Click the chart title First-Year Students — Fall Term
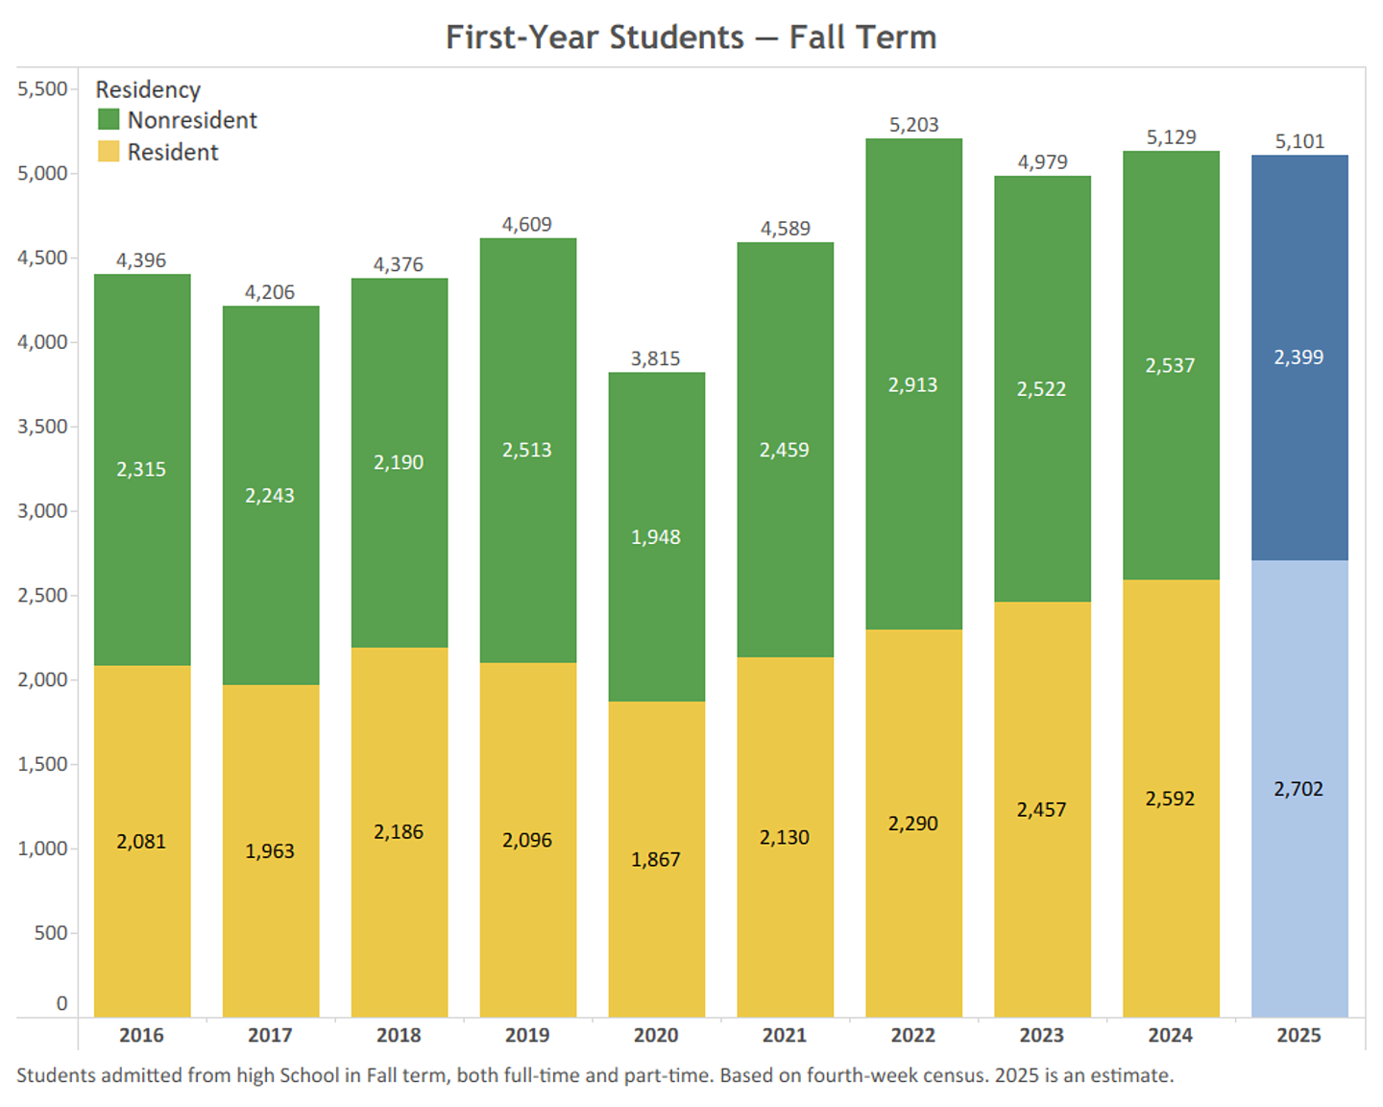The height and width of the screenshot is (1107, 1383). tap(691, 37)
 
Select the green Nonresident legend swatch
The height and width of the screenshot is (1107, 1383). tap(109, 120)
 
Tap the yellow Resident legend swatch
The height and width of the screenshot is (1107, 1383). tap(109, 152)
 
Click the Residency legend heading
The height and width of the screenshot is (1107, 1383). tap(148, 89)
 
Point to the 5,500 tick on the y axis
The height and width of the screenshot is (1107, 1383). tap(43, 89)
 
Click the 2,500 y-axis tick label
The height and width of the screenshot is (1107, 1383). tap(43, 596)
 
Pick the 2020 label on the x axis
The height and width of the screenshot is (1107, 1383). tap(656, 1035)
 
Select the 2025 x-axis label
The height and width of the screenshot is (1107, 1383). tap(1298, 1035)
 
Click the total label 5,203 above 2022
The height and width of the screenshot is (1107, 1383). tap(913, 125)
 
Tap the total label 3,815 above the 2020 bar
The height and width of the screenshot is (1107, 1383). tap(656, 358)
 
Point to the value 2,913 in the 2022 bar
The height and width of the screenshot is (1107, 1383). tap(912, 385)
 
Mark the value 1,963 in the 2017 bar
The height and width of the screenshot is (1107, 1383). tap(270, 851)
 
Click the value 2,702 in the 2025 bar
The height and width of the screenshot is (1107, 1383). tap(1298, 789)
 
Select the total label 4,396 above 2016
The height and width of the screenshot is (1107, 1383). tap(141, 260)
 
